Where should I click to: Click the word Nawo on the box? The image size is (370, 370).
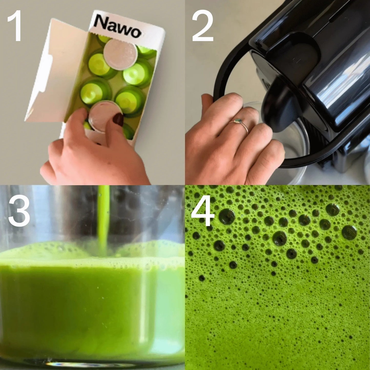[x=118, y=26]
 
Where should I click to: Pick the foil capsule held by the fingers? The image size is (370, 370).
[x=105, y=116]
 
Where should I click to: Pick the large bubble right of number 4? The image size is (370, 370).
[x=227, y=216]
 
